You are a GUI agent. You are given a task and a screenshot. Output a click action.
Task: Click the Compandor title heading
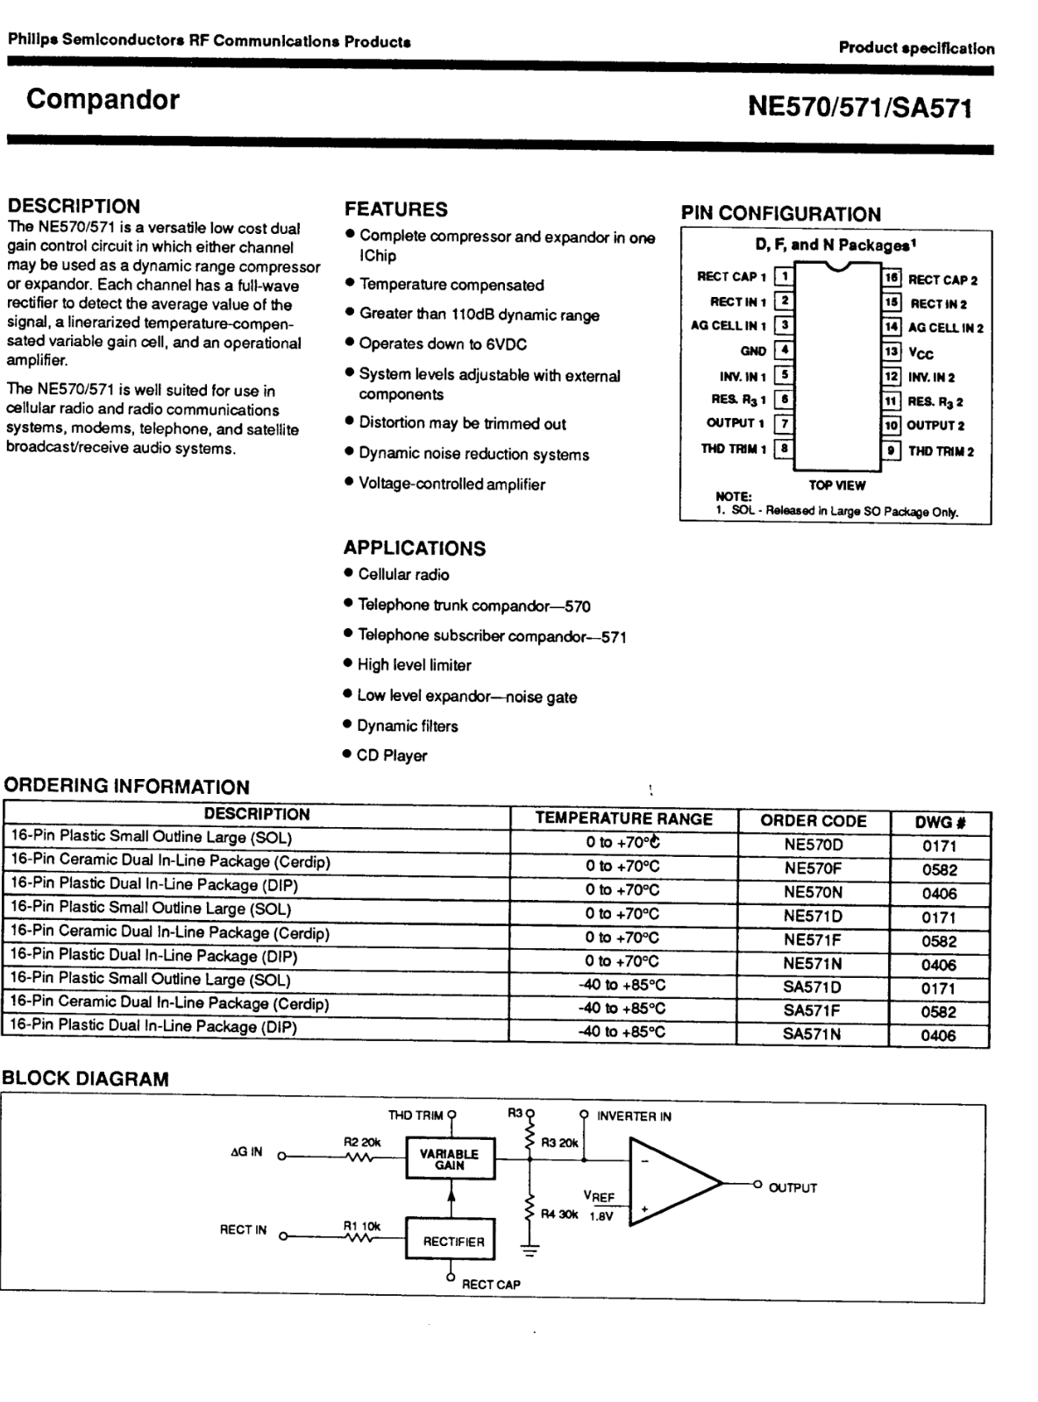pos(103,100)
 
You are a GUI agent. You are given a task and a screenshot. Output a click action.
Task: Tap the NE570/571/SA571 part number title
pos(859,107)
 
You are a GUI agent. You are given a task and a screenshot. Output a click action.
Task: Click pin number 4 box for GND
pos(785,350)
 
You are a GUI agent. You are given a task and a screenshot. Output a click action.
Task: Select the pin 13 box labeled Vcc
pos(892,352)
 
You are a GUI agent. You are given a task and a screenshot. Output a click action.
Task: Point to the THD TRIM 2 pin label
pos(941,451)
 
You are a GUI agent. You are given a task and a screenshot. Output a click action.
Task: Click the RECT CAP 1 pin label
pos(731,277)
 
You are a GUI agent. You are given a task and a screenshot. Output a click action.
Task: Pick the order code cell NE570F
pos(813,869)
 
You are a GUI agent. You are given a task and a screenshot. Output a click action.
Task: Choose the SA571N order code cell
pos(812,1034)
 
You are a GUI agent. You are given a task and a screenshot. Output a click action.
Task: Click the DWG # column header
pos(940,822)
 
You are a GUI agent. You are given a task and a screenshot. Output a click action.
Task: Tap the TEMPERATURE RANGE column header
pos(623,819)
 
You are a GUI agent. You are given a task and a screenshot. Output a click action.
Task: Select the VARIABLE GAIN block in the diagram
pos(450,1159)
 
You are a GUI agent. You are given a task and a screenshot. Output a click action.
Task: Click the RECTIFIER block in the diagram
pos(452,1242)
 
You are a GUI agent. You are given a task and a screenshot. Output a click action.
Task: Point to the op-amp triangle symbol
pos(671,1184)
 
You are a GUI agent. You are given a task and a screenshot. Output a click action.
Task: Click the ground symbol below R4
pos(530,1250)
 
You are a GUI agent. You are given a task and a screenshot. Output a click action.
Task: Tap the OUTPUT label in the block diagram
pos(793,1188)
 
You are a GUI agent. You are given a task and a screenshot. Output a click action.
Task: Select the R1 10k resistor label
pos(361,1227)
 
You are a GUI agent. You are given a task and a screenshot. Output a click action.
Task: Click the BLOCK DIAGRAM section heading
pos(85,1079)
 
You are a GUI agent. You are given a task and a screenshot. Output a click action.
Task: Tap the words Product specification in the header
pos(916,48)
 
